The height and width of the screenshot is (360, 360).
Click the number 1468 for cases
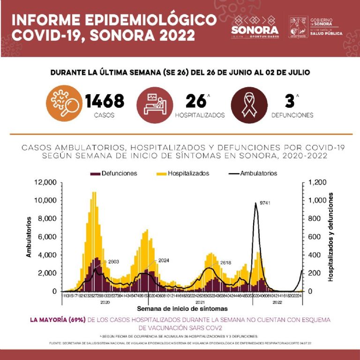[x=105, y=100]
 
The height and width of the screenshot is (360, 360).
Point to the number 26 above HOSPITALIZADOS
[x=196, y=101]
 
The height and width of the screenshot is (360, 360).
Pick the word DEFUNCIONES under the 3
[x=292, y=115]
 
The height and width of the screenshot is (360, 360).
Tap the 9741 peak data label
[x=266, y=203]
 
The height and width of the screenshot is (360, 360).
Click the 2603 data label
[x=115, y=261]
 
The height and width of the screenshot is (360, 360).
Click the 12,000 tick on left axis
[x=46, y=182]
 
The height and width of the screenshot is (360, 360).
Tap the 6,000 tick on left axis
[x=47, y=237]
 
